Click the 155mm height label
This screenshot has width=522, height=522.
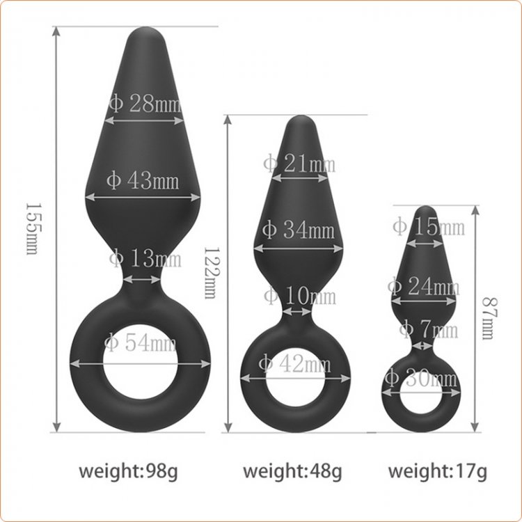point(33,229)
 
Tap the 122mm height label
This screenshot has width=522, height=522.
point(211,273)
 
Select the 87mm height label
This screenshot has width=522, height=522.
point(489,318)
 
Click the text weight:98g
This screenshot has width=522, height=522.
point(128,472)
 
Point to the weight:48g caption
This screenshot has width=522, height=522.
point(292,472)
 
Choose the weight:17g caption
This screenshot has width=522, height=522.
point(438,472)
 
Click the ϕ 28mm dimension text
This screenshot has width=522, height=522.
point(145,103)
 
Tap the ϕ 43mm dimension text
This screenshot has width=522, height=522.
point(143,180)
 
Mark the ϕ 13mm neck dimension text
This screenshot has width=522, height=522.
point(145,258)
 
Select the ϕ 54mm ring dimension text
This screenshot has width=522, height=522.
point(140,343)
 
